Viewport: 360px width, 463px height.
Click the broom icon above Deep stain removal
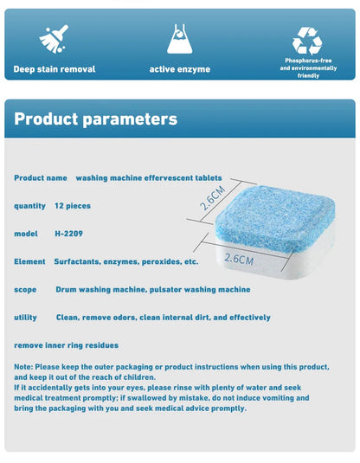pos(54,40)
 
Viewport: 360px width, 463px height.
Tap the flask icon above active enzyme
pos(180,39)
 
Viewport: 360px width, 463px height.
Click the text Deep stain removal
pos(54,68)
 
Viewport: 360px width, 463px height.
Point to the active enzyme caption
pos(180,68)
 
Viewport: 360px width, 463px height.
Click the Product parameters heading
pos(95,119)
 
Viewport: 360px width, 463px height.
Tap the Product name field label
pos(41,177)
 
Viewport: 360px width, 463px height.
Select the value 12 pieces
pos(72,205)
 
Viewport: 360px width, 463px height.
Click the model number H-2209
pos(70,234)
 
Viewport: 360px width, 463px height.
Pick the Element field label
pos(29,261)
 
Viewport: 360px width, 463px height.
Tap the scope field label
pos(25,289)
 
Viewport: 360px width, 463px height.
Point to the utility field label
pos(26,318)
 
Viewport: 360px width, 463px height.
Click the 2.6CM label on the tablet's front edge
pos(239,258)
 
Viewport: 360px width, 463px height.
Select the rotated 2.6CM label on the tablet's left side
pos(212,197)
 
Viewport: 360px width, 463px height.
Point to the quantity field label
pos(30,205)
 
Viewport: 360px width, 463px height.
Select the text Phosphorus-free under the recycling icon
pos(308,61)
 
